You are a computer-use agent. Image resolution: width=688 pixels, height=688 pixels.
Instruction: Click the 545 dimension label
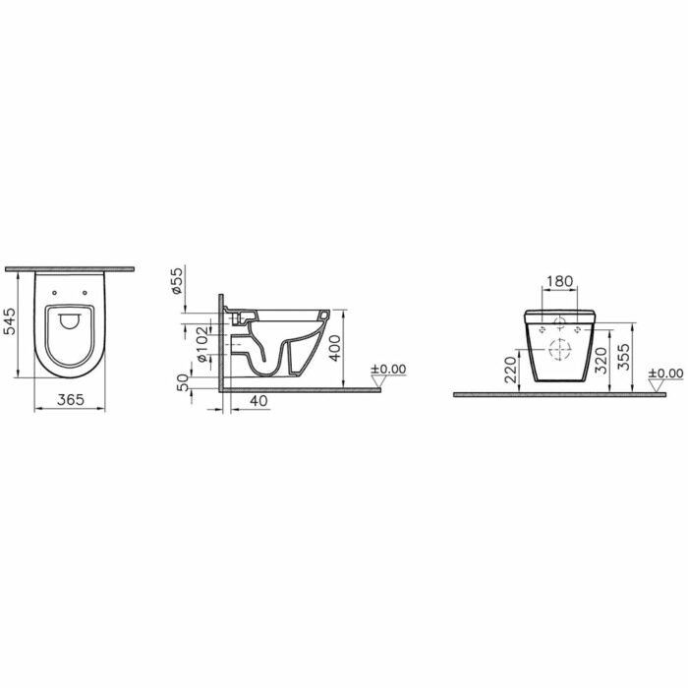tap(9, 321)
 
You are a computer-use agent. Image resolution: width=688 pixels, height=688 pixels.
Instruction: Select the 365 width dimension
tap(70, 399)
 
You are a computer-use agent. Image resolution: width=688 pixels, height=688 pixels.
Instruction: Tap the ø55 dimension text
tap(176, 280)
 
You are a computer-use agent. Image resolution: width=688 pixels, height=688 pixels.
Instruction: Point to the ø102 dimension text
tap(201, 344)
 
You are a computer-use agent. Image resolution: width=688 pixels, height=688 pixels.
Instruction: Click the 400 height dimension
tap(335, 348)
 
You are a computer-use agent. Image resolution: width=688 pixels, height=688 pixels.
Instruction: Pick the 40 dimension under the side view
tap(258, 401)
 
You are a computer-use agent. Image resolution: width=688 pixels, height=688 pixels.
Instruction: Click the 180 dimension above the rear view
tap(560, 281)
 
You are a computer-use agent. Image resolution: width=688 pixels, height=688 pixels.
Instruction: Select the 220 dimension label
tap(511, 370)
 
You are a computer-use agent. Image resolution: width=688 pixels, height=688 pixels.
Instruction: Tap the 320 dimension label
tap(601, 361)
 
